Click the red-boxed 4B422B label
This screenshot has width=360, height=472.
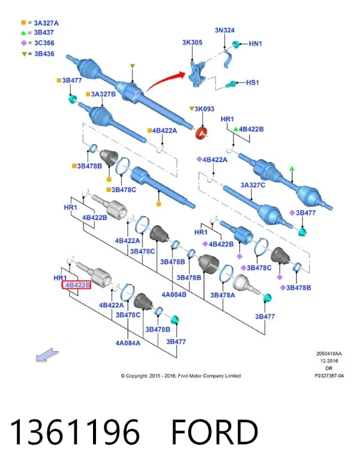[76, 285]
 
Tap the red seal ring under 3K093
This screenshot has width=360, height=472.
[202, 133]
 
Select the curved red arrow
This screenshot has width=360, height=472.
[166, 80]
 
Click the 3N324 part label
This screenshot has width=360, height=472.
[224, 30]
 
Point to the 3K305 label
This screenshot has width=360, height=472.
[192, 43]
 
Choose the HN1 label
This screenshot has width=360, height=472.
[256, 44]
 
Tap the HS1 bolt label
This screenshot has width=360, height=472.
[253, 82]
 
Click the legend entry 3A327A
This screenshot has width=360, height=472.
[46, 23]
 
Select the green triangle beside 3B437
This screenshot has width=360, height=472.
[23, 33]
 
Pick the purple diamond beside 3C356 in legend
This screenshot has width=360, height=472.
[24, 43]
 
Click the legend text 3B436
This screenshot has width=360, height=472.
[44, 54]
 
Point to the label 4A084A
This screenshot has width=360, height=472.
[128, 343]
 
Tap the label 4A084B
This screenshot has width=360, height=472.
[174, 295]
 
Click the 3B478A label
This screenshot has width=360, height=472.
[223, 295]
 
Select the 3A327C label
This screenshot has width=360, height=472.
[253, 185]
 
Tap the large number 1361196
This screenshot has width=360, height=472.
[75, 432]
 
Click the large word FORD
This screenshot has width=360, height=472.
[214, 432]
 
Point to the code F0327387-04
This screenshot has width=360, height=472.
[329, 376]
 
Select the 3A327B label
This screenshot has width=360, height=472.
[103, 94]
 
